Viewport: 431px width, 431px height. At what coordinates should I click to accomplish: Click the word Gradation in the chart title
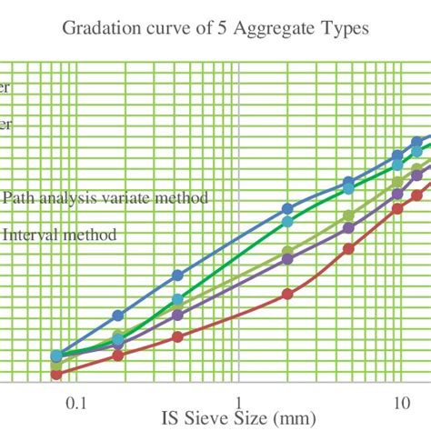pos(98,28)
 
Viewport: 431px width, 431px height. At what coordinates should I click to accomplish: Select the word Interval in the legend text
pos(32,235)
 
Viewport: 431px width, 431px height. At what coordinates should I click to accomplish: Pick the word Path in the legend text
pos(21,197)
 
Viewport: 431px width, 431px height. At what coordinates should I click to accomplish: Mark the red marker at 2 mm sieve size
pos(287,294)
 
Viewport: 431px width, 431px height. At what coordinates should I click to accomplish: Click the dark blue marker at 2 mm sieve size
pos(287,208)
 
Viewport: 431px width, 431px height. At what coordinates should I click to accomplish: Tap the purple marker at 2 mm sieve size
pos(287,259)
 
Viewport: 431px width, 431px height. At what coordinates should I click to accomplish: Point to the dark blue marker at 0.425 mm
pos(177,276)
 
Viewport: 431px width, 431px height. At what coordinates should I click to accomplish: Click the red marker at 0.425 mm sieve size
pos(177,337)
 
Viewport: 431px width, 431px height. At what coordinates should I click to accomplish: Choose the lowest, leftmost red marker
pos(56,374)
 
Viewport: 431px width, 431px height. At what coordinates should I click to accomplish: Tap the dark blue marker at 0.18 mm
pos(117,316)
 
